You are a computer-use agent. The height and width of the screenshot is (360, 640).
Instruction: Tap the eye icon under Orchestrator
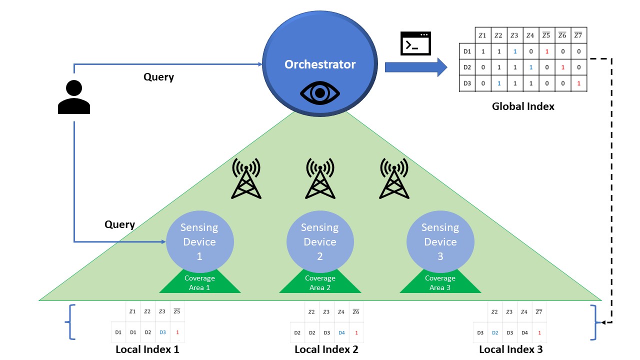click(x=320, y=93)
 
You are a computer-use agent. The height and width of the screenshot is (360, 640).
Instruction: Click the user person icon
click(x=74, y=97)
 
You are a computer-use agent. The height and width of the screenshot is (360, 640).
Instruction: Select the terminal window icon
click(x=416, y=44)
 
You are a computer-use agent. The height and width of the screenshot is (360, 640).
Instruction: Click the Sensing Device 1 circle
click(x=199, y=241)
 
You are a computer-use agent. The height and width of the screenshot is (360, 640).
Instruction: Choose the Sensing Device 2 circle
click(x=320, y=241)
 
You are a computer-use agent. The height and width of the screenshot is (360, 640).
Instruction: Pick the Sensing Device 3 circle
click(x=440, y=241)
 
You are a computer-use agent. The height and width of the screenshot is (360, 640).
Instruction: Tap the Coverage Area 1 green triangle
click(x=200, y=283)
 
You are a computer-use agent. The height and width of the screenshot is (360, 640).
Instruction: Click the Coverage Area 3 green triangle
click(x=440, y=283)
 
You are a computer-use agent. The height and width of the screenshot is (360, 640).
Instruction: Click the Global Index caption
click(x=523, y=106)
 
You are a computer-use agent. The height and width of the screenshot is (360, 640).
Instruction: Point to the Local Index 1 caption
click(x=147, y=349)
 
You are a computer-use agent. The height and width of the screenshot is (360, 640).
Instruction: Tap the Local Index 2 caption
click(x=326, y=349)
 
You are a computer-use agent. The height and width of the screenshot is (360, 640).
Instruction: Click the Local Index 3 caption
click(x=510, y=349)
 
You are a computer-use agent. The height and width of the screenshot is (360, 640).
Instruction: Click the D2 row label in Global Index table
click(x=467, y=67)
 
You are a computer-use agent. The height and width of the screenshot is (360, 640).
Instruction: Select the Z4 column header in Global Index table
click(x=530, y=35)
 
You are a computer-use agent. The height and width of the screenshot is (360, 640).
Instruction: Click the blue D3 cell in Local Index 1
click(x=162, y=332)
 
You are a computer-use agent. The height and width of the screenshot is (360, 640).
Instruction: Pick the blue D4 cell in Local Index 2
click(x=341, y=332)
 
